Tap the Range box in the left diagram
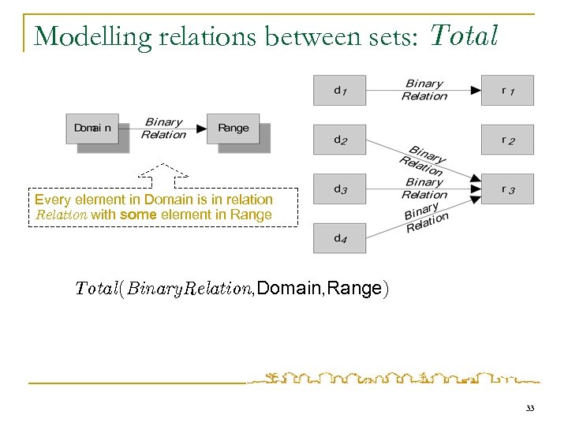click(x=233, y=129)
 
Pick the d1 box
click(x=339, y=90)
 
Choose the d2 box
click(x=339, y=140)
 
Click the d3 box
click(x=339, y=189)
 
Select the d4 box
click(x=339, y=238)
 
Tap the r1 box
click(x=507, y=90)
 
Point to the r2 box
click(x=507, y=140)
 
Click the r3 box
click(x=507, y=189)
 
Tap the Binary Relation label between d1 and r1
click(x=424, y=90)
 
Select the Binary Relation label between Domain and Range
click(x=163, y=129)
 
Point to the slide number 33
click(x=529, y=408)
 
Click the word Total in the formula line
click(x=97, y=289)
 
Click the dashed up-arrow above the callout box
click(x=163, y=174)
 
